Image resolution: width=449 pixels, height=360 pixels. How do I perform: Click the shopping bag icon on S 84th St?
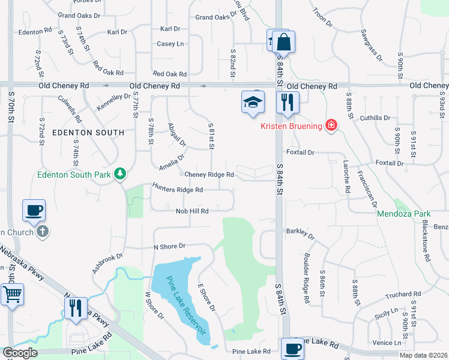pos(283,42)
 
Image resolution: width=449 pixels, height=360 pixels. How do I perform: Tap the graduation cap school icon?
pos(253,102)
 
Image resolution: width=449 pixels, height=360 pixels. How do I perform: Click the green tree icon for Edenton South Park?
pos(121,174)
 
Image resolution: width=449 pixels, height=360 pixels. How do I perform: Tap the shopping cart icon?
pos(12,295)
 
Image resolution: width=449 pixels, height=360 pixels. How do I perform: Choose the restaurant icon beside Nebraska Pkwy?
pos(76,308)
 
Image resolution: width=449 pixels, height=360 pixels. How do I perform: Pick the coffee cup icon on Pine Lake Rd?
pos(292,348)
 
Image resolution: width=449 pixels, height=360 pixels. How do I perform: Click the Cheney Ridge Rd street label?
pos(209,175)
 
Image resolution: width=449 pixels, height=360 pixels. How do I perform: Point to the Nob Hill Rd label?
pos(192,211)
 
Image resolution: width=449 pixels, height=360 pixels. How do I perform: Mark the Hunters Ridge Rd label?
pos(178,189)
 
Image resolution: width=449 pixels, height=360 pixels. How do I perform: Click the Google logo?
pos(20,353)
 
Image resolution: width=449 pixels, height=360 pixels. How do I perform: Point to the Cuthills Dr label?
pos(375,118)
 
